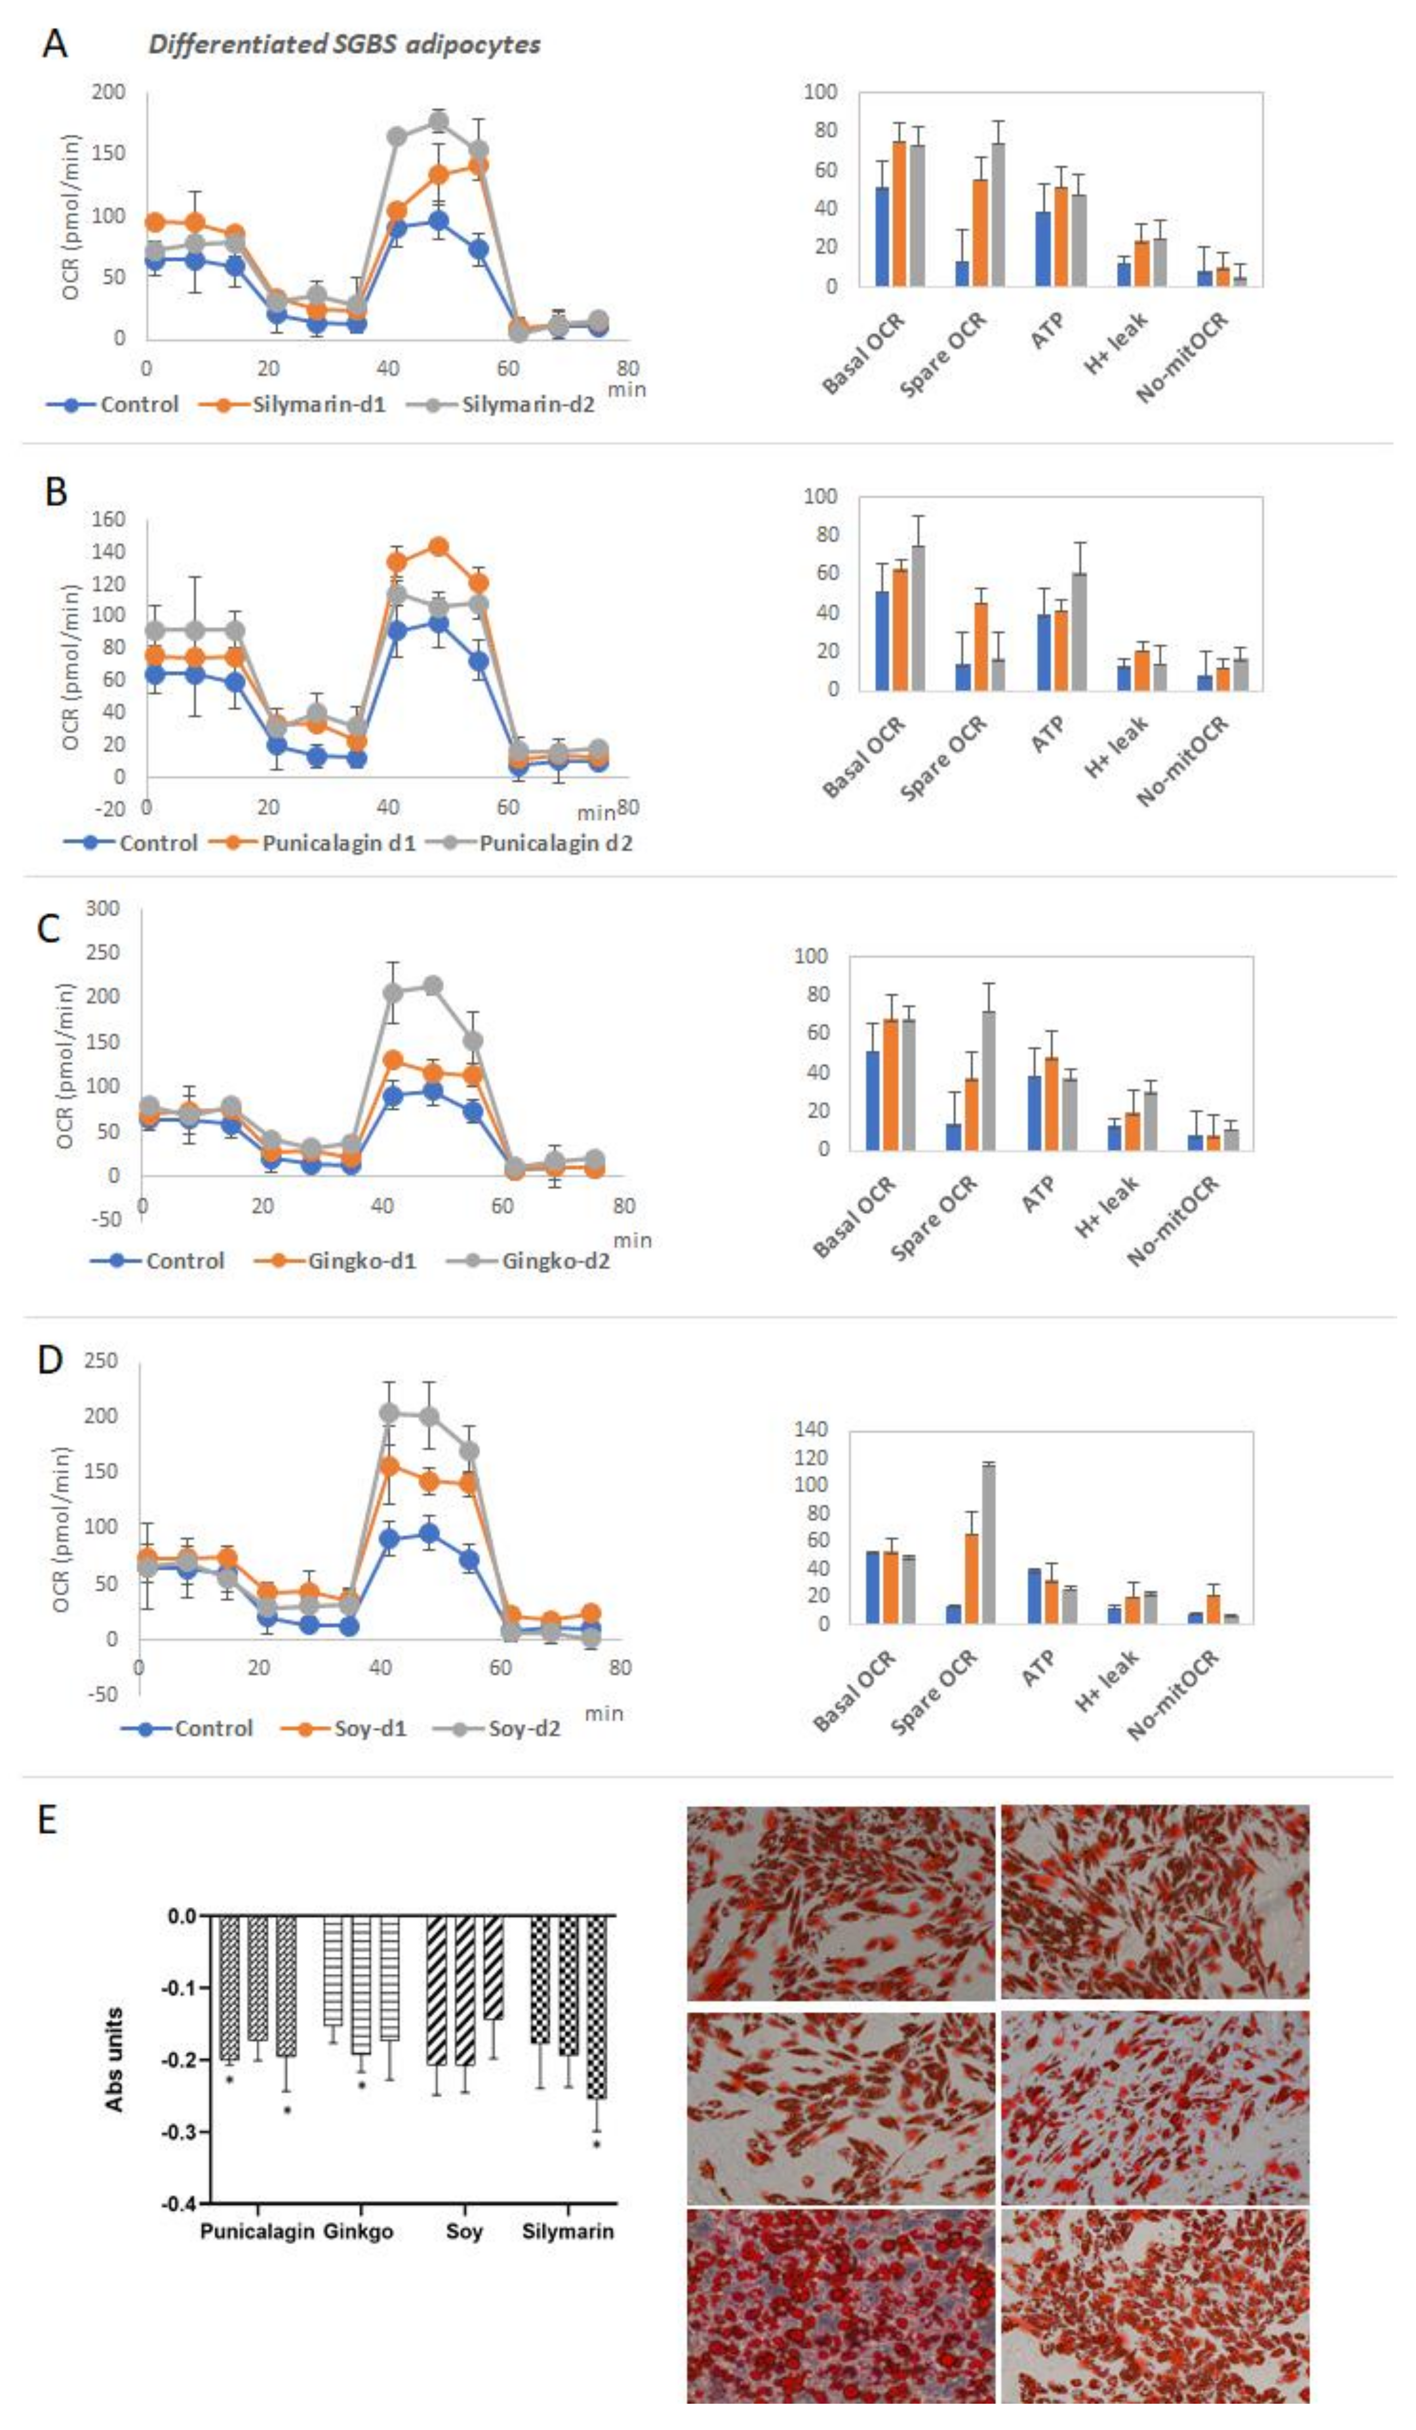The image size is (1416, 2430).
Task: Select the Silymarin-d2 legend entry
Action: click(x=527, y=404)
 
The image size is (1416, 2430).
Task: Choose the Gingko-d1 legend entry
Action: click(x=361, y=1261)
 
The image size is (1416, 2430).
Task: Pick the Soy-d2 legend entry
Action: click(x=524, y=1728)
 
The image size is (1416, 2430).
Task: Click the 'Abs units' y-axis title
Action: click(x=114, y=2059)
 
